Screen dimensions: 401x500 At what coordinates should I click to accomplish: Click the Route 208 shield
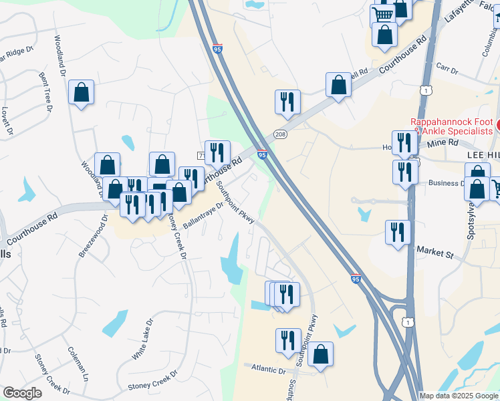tap(281, 134)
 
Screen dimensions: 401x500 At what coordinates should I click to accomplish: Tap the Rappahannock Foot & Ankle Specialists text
tap(453, 127)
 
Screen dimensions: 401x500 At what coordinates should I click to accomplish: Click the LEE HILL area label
tap(483, 154)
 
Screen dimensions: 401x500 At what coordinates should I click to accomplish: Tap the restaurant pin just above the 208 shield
tap(287, 102)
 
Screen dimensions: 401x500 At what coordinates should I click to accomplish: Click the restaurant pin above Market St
tap(398, 233)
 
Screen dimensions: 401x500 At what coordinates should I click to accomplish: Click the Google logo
tap(22, 393)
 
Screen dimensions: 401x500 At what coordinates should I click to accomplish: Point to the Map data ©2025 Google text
tap(458, 396)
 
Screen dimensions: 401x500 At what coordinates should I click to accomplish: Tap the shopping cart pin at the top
tap(382, 15)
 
